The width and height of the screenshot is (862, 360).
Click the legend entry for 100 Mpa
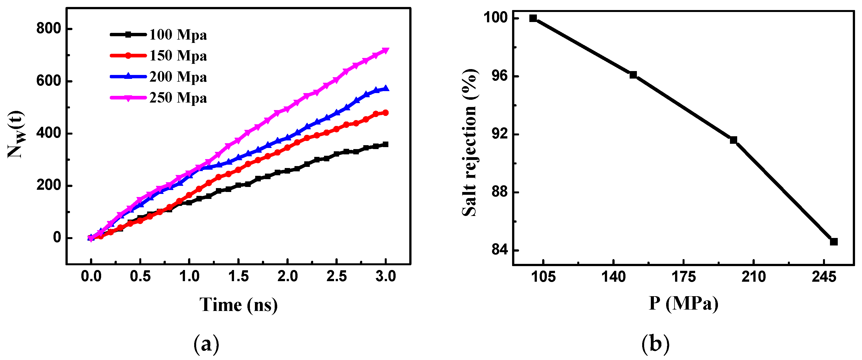click(x=178, y=35)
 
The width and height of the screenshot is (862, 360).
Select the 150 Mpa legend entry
click(x=178, y=56)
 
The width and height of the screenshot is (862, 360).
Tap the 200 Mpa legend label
click(x=178, y=77)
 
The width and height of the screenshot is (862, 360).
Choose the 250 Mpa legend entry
click(x=178, y=98)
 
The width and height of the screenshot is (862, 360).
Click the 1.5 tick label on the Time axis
click(x=238, y=276)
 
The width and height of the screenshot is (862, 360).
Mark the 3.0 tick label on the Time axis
click(x=386, y=276)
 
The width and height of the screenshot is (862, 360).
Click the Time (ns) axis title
click(x=238, y=305)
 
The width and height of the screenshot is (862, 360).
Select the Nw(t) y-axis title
click(x=16, y=134)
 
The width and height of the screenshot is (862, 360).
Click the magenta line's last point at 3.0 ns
click(x=386, y=50)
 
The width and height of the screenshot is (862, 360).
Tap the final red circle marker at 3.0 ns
click(x=386, y=113)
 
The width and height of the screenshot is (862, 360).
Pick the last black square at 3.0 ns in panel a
click(x=386, y=144)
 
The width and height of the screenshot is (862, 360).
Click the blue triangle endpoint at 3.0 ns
click(x=386, y=88)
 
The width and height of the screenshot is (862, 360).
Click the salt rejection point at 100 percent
click(x=533, y=18)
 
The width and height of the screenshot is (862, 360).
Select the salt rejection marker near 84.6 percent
click(x=834, y=242)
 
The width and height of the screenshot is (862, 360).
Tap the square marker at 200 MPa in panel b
click(x=734, y=140)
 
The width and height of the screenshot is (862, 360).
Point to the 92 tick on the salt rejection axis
click(x=499, y=134)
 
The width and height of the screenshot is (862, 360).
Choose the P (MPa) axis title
click(x=683, y=303)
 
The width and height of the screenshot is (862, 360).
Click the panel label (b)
click(x=655, y=344)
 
